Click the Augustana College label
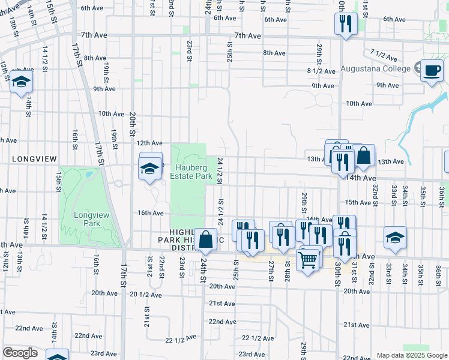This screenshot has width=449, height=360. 375,68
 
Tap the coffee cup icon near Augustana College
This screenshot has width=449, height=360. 432,71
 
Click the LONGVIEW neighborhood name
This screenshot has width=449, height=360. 34,158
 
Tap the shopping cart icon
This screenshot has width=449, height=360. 308,259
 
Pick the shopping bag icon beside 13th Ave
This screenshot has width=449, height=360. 363,155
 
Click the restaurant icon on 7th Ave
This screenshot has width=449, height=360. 345,24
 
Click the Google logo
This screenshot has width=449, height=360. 20,352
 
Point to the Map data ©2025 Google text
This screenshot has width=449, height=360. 411,355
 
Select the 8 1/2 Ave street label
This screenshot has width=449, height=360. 319,71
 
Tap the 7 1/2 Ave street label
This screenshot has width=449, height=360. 384,56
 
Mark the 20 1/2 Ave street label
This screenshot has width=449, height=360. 146,294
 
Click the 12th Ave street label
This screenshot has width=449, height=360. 149,143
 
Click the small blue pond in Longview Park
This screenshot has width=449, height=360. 89,175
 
